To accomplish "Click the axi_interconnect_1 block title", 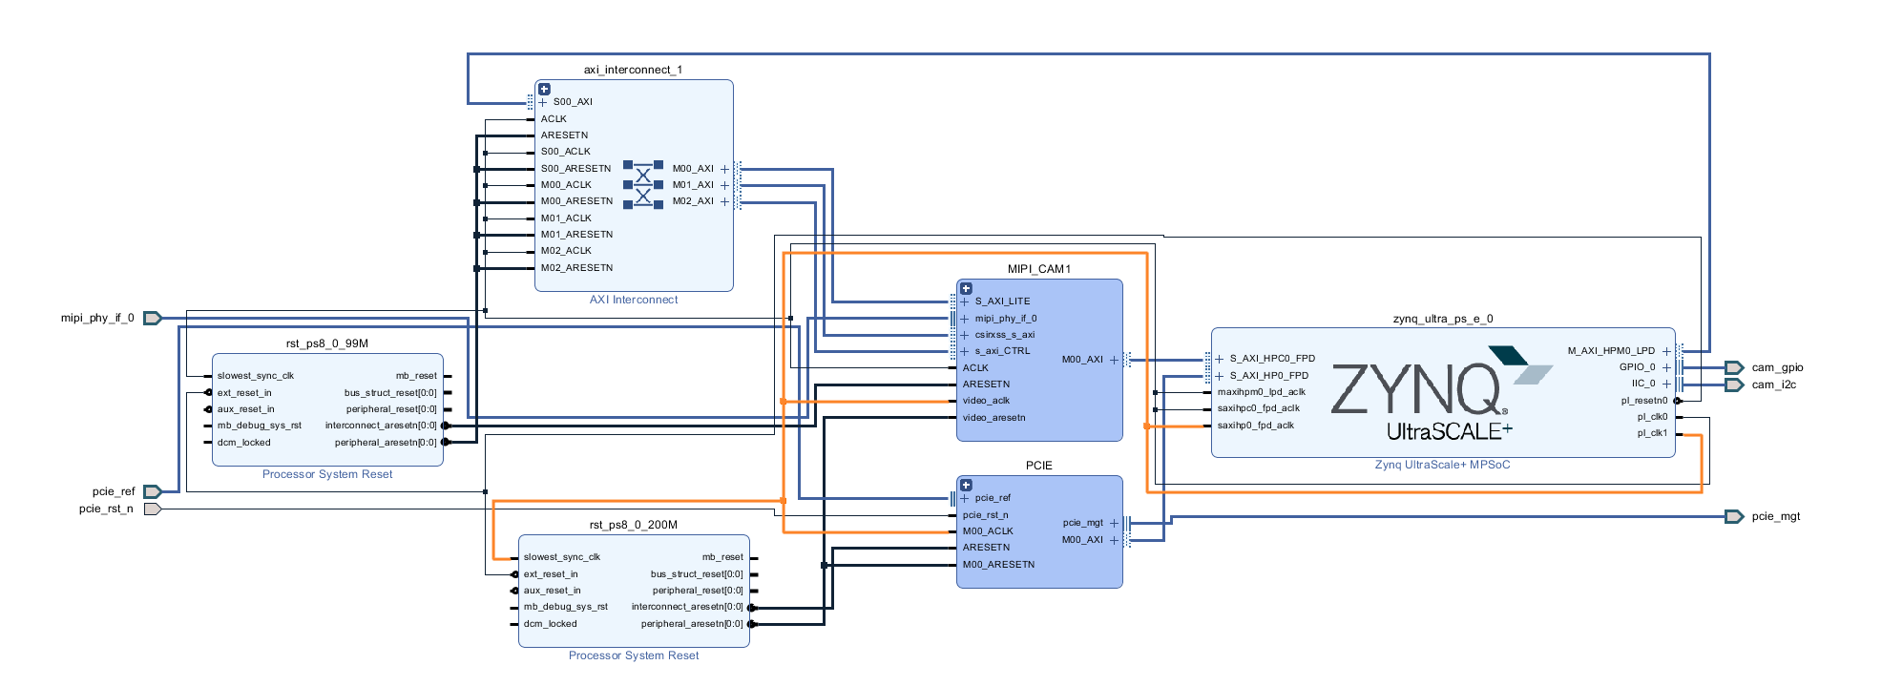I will click(x=633, y=70).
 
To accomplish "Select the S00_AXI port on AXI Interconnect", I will click(x=572, y=102).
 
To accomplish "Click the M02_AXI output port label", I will click(x=693, y=201).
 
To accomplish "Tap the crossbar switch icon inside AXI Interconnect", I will click(x=642, y=185).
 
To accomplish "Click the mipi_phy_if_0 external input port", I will click(x=152, y=318).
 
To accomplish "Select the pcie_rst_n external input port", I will click(x=152, y=509).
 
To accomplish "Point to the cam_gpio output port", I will click(x=1734, y=367).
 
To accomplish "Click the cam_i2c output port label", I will click(x=1773, y=385).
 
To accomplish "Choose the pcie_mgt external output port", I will click(x=1734, y=516).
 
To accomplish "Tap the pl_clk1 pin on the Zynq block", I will click(x=1652, y=433).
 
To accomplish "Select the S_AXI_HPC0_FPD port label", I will click(x=1271, y=359).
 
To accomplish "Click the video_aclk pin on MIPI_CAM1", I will click(x=986, y=401).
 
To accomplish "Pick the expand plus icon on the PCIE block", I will click(x=966, y=485).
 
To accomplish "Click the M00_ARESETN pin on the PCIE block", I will click(x=998, y=565).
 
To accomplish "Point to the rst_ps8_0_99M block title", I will click(x=326, y=343).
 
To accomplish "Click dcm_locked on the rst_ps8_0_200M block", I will click(x=550, y=624).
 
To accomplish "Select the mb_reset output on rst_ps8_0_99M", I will click(x=416, y=376).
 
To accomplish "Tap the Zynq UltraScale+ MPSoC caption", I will click(x=1442, y=465).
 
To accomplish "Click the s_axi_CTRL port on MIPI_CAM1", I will click(x=1002, y=351).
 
